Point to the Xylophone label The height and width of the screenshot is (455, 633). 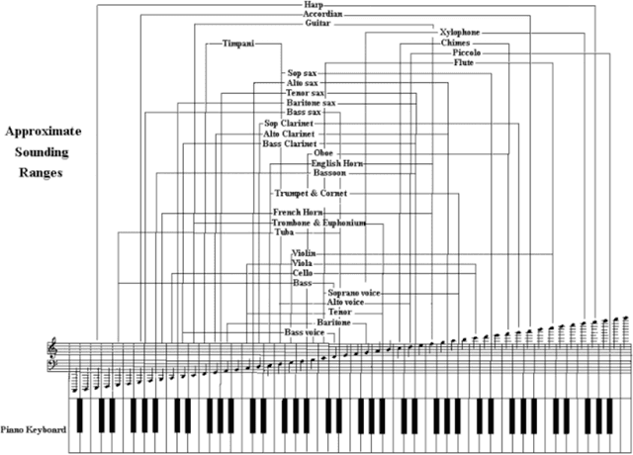tap(461, 34)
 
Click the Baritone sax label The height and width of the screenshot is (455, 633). tap(311, 103)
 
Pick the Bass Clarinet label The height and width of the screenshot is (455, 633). tap(289, 143)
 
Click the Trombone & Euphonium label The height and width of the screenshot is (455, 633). tap(318, 224)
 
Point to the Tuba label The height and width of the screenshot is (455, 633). tap(285, 232)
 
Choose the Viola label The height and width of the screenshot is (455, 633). tap(303, 264)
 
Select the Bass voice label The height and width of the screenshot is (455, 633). tap(305, 332)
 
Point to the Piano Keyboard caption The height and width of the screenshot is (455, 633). tap(34, 429)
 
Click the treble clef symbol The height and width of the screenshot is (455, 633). tap(53, 347)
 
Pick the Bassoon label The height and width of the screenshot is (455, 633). tap(328, 173)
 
